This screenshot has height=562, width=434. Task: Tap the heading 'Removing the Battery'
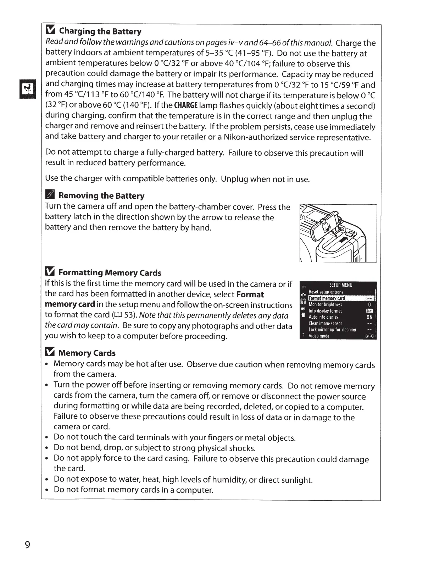click(x=101, y=196)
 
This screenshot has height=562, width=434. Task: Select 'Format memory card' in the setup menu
click(x=327, y=298)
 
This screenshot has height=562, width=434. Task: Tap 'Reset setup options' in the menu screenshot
click(x=326, y=292)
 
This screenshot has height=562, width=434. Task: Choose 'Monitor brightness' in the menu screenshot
click(x=325, y=304)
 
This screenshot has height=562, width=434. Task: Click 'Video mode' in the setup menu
click(x=319, y=336)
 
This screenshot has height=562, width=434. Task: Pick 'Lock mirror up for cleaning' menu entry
click(x=332, y=330)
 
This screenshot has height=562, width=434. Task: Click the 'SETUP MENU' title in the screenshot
click(x=341, y=285)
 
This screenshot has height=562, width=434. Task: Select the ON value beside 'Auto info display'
click(x=369, y=317)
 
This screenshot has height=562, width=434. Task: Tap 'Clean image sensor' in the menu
click(x=325, y=323)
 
